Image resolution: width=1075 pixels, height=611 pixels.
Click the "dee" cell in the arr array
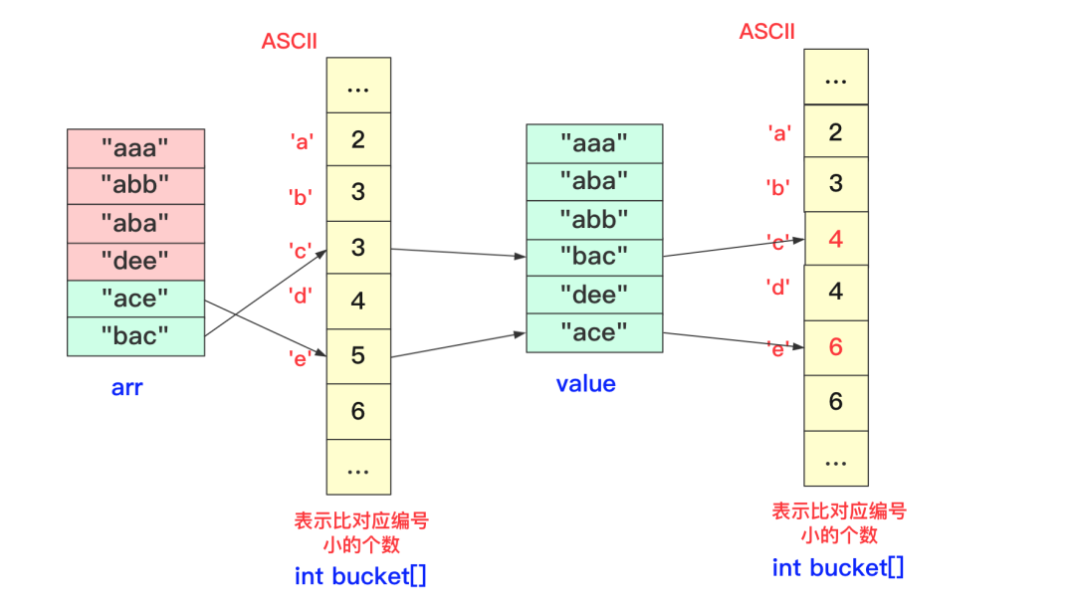tap(135, 262)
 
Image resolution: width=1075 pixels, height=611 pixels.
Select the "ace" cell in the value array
tap(594, 332)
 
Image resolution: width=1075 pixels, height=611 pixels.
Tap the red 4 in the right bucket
tap(836, 239)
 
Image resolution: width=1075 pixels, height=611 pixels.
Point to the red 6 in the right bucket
tap(836, 346)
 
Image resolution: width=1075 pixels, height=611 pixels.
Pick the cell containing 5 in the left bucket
tap(358, 355)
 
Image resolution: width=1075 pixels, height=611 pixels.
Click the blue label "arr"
tap(126, 387)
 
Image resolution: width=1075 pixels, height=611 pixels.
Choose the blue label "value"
tap(585, 383)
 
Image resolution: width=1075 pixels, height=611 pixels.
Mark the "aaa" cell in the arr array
tap(135, 148)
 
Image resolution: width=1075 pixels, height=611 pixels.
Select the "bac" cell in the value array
tap(594, 257)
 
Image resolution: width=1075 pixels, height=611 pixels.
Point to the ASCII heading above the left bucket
tap(289, 41)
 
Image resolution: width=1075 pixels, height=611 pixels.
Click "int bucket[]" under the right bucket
tap(838, 567)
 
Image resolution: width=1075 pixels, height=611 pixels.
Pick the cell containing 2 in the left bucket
tap(358, 139)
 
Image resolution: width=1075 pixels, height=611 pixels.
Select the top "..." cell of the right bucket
tap(836, 78)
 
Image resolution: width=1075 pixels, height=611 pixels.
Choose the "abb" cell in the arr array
tap(135, 186)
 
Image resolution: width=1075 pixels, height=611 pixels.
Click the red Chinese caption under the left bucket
tap(361, 531)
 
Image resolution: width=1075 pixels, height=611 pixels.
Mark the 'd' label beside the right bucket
tap(778, 288)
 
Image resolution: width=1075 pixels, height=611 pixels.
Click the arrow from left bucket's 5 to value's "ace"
tap(458, 344)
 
